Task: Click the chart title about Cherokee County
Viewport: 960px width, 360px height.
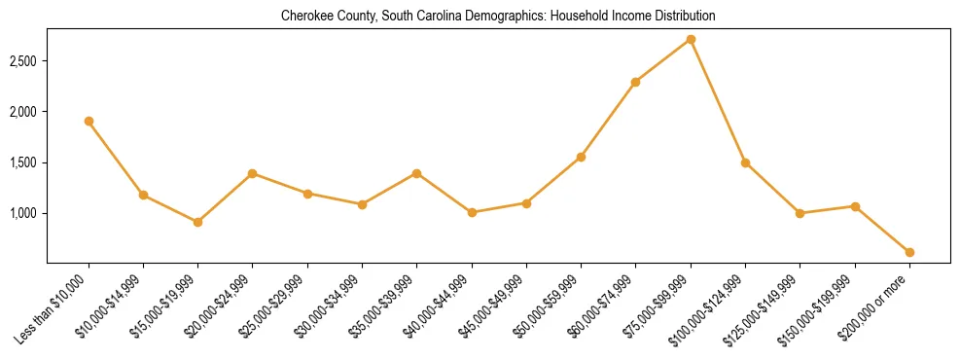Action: (x=498, y=17)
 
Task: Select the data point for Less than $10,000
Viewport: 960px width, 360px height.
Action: (x=89, y=121)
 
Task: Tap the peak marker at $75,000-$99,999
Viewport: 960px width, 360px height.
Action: (x=691, y=39)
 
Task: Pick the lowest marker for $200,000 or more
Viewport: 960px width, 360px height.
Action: (x=909, y=252)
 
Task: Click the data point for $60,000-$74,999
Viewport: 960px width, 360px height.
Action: (x=635, y=82)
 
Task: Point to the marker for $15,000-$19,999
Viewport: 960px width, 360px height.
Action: (x=197, y=222)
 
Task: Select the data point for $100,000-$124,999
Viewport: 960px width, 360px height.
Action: (x=745, y=162)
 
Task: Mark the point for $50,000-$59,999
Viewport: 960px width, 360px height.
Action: (x=581, y=157)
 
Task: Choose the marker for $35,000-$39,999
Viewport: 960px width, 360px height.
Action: (x=416, y=173)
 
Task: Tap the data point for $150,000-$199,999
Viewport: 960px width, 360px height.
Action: (x=855, y=206)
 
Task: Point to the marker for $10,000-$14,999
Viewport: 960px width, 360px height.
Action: (x=143, y=195)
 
